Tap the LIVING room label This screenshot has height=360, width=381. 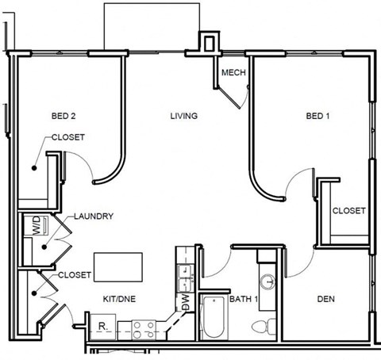[x=183, y=117]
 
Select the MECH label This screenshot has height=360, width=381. [x=233, y=73]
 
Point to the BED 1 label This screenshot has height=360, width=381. [x=317, y=117]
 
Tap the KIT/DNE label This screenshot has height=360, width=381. [x=121, y=300]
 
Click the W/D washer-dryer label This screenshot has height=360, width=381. [x=36, y=226]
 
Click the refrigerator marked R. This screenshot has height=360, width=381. [x=102, y=325]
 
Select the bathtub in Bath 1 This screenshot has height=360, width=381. [x=214, y=317]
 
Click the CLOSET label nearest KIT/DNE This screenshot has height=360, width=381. [x=75, y=275]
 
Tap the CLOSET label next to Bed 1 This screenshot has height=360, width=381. [x=348, y=211]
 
